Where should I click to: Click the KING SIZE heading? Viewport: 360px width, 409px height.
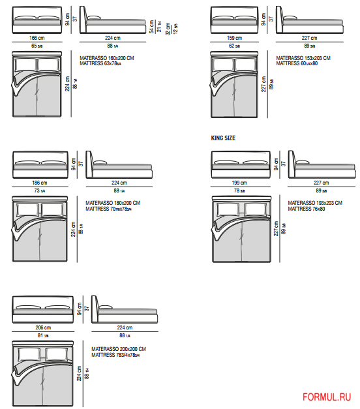tap(223, 138)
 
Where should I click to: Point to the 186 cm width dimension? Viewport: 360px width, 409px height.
tap(40, 183)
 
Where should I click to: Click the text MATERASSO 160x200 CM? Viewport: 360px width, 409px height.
tap(107, 58)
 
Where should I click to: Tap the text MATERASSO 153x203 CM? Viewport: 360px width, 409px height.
tap(303, 58)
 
